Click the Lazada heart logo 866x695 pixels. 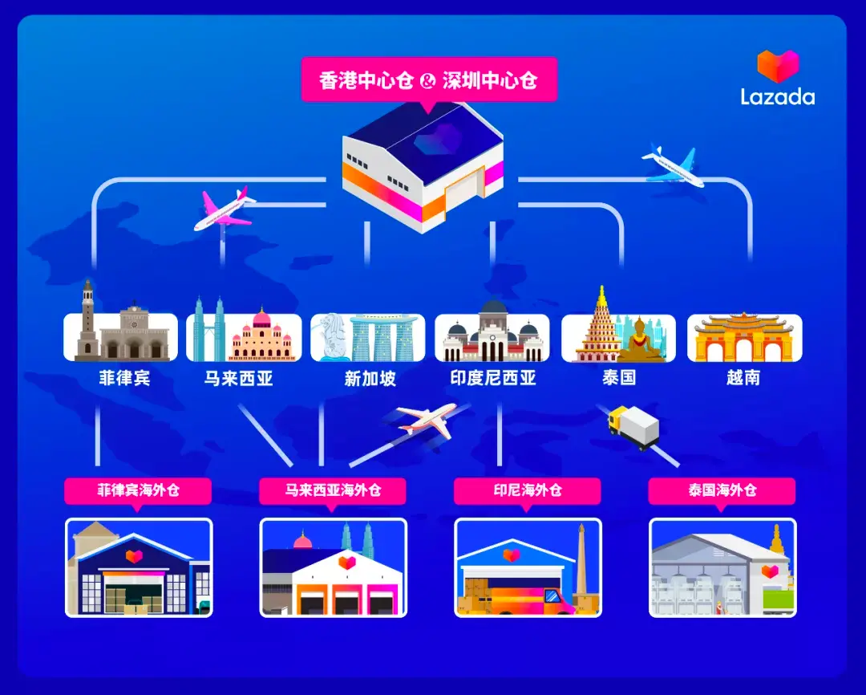[x=778, y=66]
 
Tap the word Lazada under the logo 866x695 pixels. [x=778, y=97]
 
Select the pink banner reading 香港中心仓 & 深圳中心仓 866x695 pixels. [x=429, y=81]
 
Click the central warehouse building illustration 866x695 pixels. [x=423, y=168]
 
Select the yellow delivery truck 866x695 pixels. [x=633, y=426]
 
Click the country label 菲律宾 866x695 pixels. [x=124, y=378]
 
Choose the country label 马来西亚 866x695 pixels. [x=239, y=378]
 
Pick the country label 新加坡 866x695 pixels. [x=370, y=378]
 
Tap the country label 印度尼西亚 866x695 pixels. [x=493, y=378]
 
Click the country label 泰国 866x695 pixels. [x=619, y=378]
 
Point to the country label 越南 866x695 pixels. [x=743, y=378]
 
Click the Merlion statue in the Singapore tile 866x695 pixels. [x=333, y=337]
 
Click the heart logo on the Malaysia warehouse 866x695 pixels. [x=347, y=563]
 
